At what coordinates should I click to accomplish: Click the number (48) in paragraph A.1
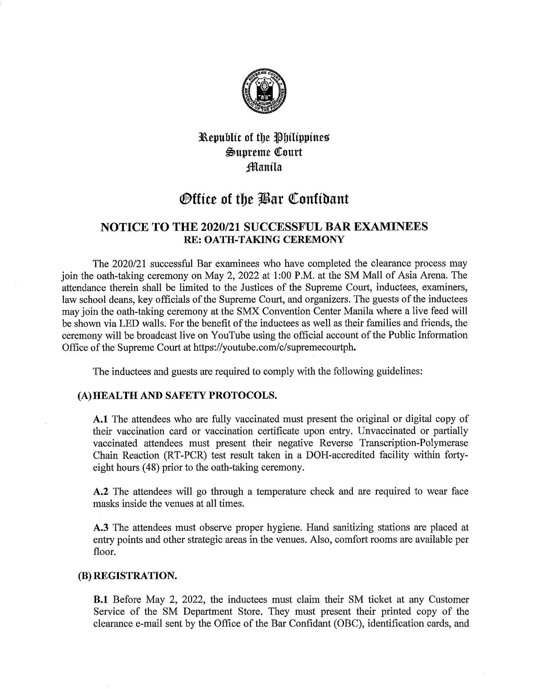[x=152, y=467]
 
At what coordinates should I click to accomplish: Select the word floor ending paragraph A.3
[x=103, y=552]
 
